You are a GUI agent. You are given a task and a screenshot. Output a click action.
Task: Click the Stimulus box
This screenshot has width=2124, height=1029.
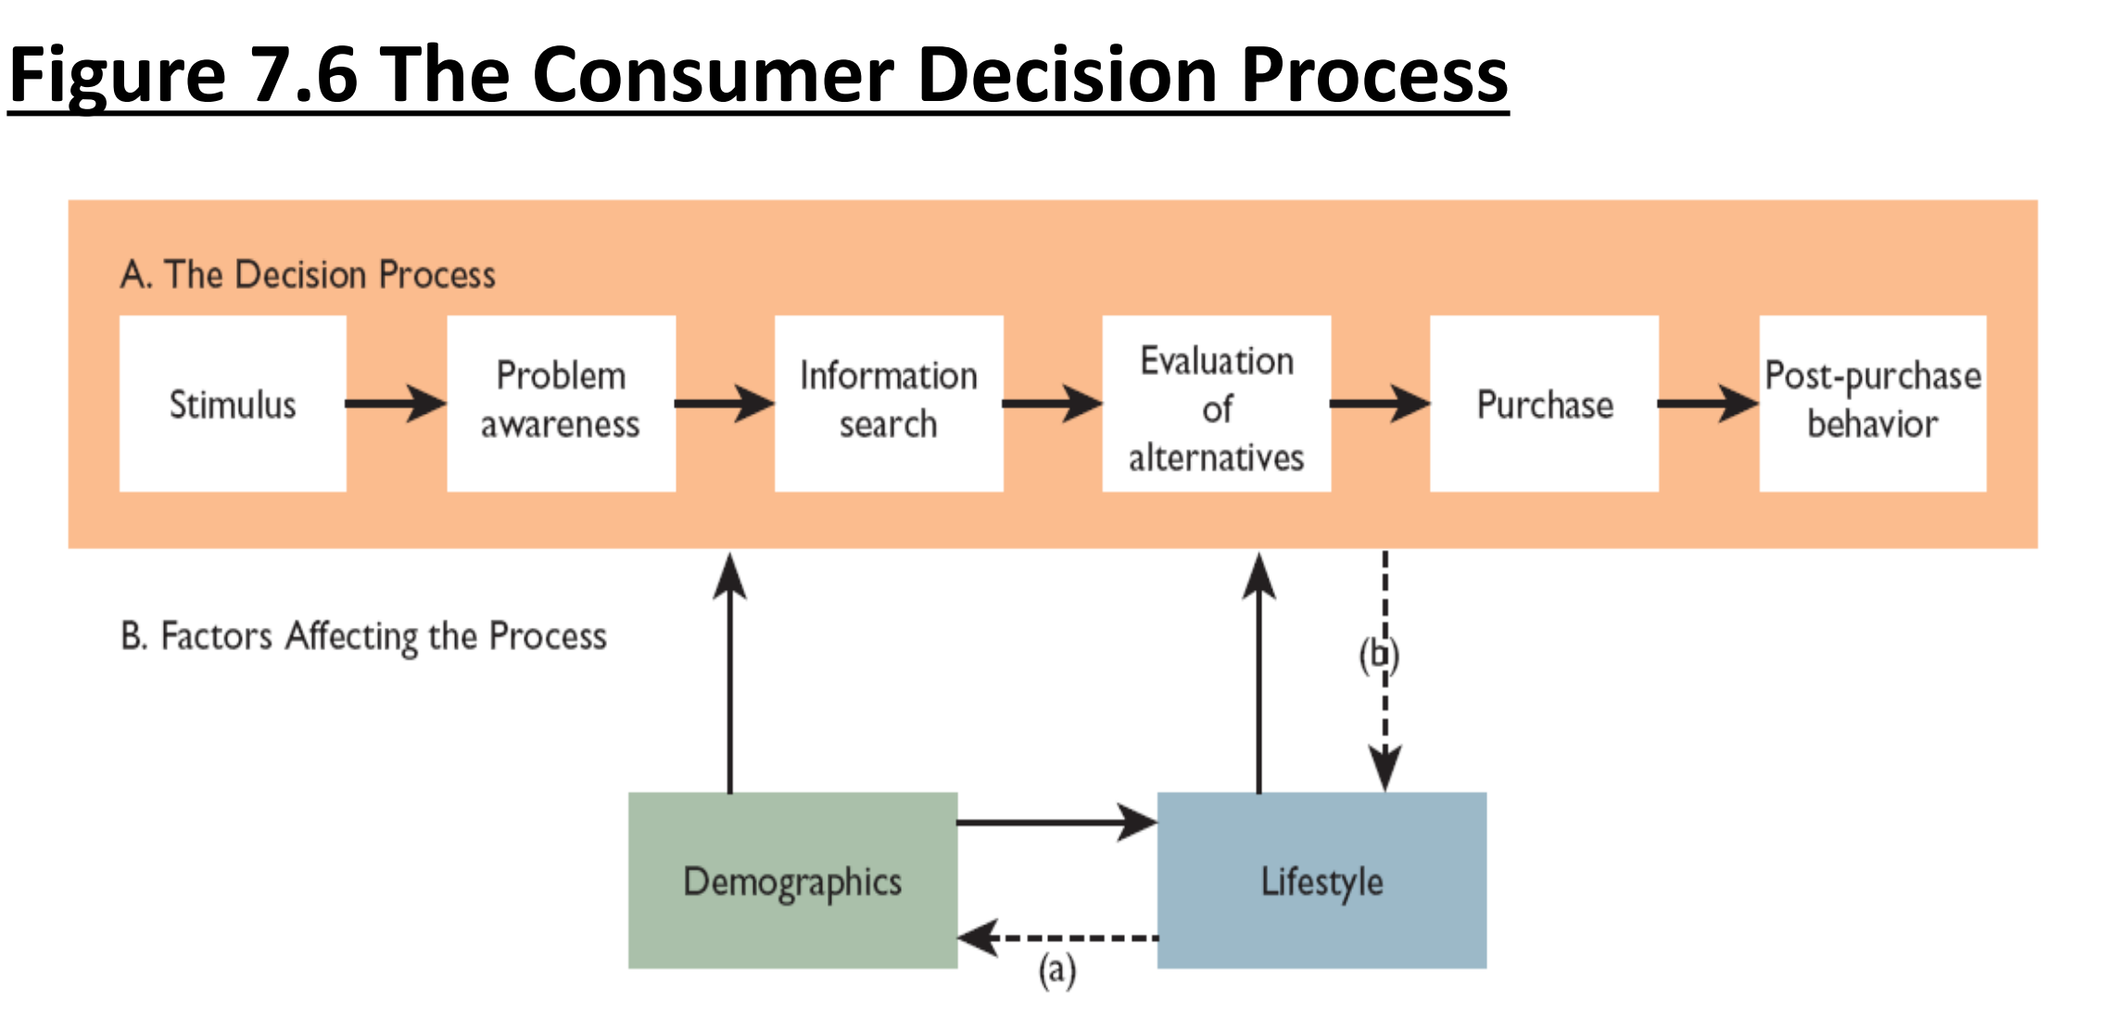pyautogui.click(x=233, y=404)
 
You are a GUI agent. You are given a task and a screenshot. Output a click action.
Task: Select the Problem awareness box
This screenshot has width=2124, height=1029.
pyautogui.click(x=561, y=404)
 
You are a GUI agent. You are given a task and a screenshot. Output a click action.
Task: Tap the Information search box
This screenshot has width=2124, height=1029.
pyautogui.click(x=889, y=404)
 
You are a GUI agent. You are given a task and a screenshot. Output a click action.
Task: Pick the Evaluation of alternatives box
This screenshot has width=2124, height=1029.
pyautogui.click(x=1216, y=404)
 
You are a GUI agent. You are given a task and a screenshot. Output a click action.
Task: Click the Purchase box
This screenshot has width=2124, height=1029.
pyautogui.click(x=1544, y=404)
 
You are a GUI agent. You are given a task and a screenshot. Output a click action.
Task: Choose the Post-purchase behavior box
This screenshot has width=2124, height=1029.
pyautogui.click(x=1872, y=404)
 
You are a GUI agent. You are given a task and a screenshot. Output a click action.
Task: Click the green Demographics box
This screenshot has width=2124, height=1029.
pyautogui.click(x=792, y=880)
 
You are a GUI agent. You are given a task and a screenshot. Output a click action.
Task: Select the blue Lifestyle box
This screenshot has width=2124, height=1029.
pyautogui.click(x=1321, y=880)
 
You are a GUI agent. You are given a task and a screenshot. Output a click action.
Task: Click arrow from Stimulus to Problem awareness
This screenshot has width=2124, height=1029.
pyautogui.click(x=396, y=404)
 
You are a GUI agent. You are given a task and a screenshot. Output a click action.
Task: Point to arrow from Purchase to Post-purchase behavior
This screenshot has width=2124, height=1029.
pyautogui.click(x=1708, y=404)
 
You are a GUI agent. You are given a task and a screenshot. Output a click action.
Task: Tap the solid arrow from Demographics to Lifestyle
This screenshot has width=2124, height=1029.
pyautogui.click(x=1056, y=822)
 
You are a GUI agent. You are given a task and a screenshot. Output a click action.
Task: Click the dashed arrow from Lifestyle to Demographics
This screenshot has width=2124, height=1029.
pyautogui.click(x=1056, y=938)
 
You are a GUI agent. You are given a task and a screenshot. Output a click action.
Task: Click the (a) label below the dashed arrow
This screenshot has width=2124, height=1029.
pyautogui.click(x=1056, y=971)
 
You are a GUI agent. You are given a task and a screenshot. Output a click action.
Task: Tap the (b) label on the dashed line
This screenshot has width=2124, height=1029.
pyautogui.click(x=1379, y=655)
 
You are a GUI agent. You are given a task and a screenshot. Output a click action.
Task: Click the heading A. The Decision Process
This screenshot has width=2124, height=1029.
pyautogui.click(x=308, y=275)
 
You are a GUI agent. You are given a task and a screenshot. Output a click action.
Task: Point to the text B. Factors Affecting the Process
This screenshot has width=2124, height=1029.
pyautogui.click(x=363, y=636)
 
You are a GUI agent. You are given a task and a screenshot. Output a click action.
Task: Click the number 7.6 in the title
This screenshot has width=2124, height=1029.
pyautogui.click(x=305, y=76)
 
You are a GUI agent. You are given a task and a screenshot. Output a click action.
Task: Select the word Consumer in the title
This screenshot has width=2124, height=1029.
pyautogui.click(x=714, y=76)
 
